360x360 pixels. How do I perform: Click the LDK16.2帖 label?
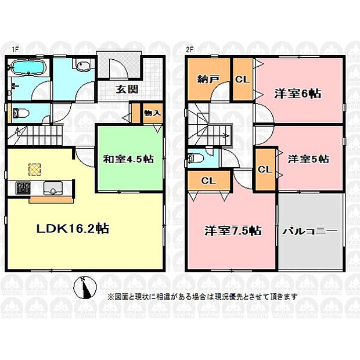[x=73, y=229]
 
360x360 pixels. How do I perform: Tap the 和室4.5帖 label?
[x=128, y=159]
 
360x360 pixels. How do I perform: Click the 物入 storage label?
[x=153, y=113]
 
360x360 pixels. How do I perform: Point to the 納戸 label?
[x=208, y=80]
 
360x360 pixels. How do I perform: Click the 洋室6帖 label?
[x=298, y=94]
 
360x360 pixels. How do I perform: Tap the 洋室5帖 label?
[x=308, y=159]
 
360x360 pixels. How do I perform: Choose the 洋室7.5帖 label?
[x=233, y=231]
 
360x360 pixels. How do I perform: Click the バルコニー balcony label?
[x=309, y=231]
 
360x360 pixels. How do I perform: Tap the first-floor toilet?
[x=21, y=113]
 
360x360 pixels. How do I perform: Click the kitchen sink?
[x=53, y=188]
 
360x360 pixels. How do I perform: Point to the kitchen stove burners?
[x=23, y=188]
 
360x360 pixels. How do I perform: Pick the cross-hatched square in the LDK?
[x=35, y=170]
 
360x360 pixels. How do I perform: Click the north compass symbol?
[x=85, y=287]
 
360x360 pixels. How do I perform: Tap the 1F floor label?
[x=15, y=49]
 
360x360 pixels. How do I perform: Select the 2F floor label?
[x=189, y=49]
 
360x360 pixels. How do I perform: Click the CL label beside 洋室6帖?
[x=242, y=80]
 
